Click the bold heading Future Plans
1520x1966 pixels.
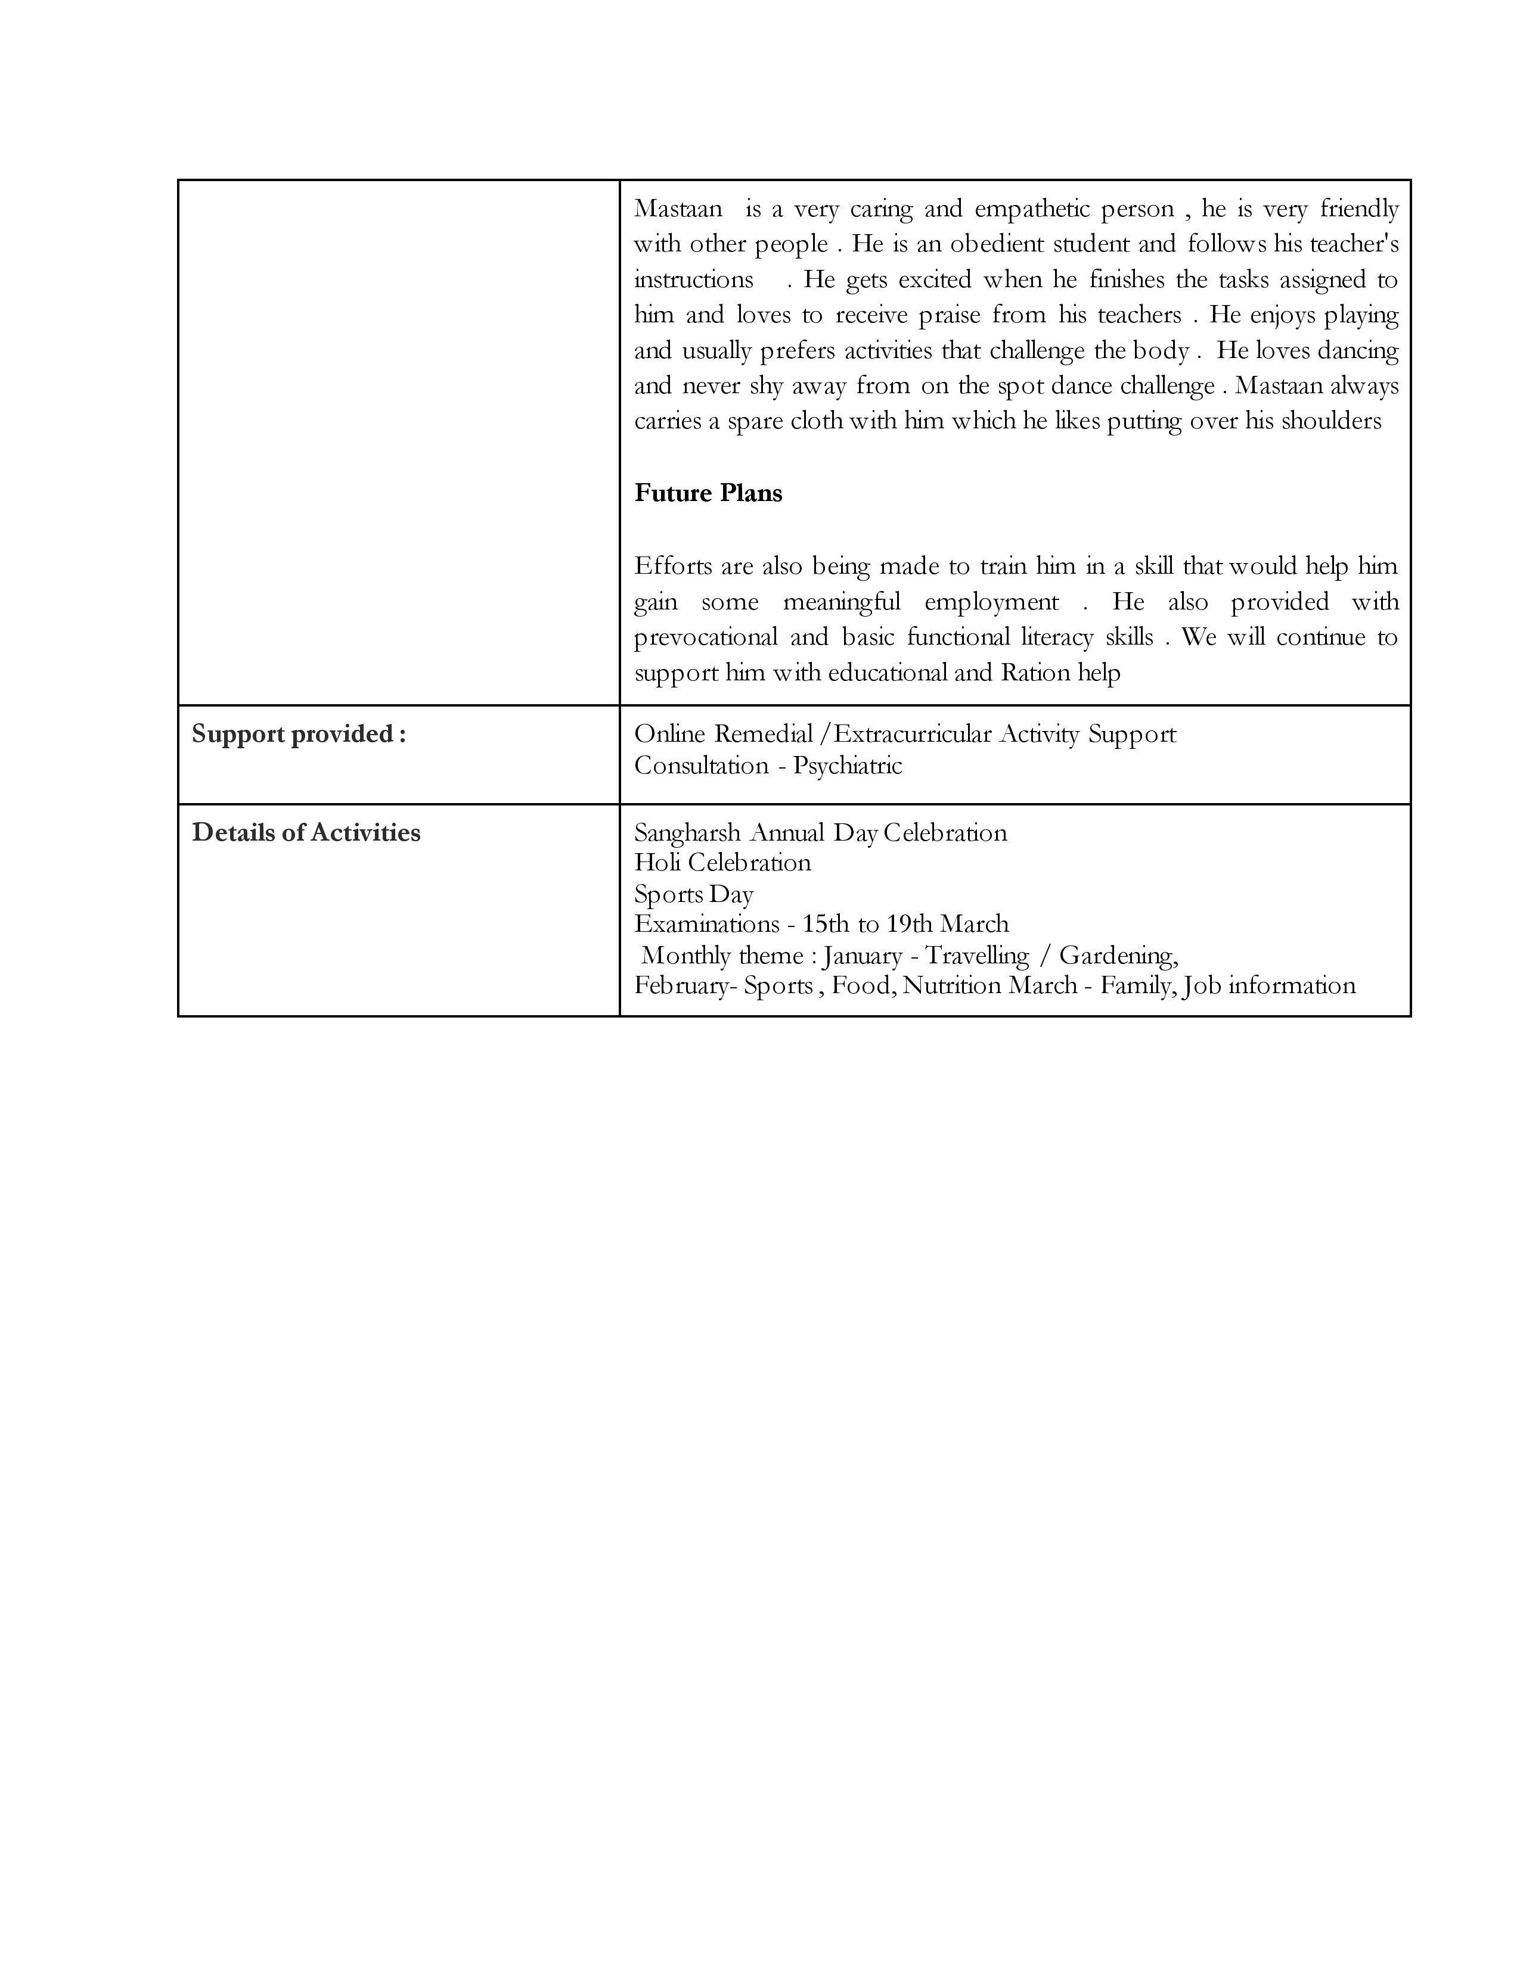point(708,493)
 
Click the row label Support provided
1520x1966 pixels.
point(298,735)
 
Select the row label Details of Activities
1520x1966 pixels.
point(305,833)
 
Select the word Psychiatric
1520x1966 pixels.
point(848,766)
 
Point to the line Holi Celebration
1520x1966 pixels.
point(722,863)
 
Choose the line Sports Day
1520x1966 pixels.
point(693,894)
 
